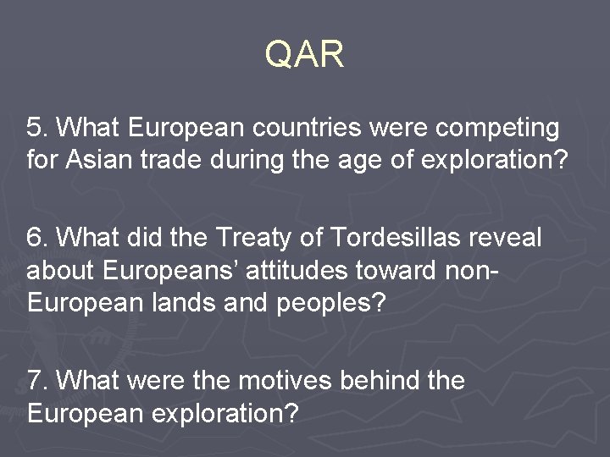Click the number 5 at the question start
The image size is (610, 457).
(x=35, y=128)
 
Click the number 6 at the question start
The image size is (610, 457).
(x=35, y=238)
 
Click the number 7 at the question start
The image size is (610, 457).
(x=35, y=381)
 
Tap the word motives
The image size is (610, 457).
(x=284, y=381)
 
